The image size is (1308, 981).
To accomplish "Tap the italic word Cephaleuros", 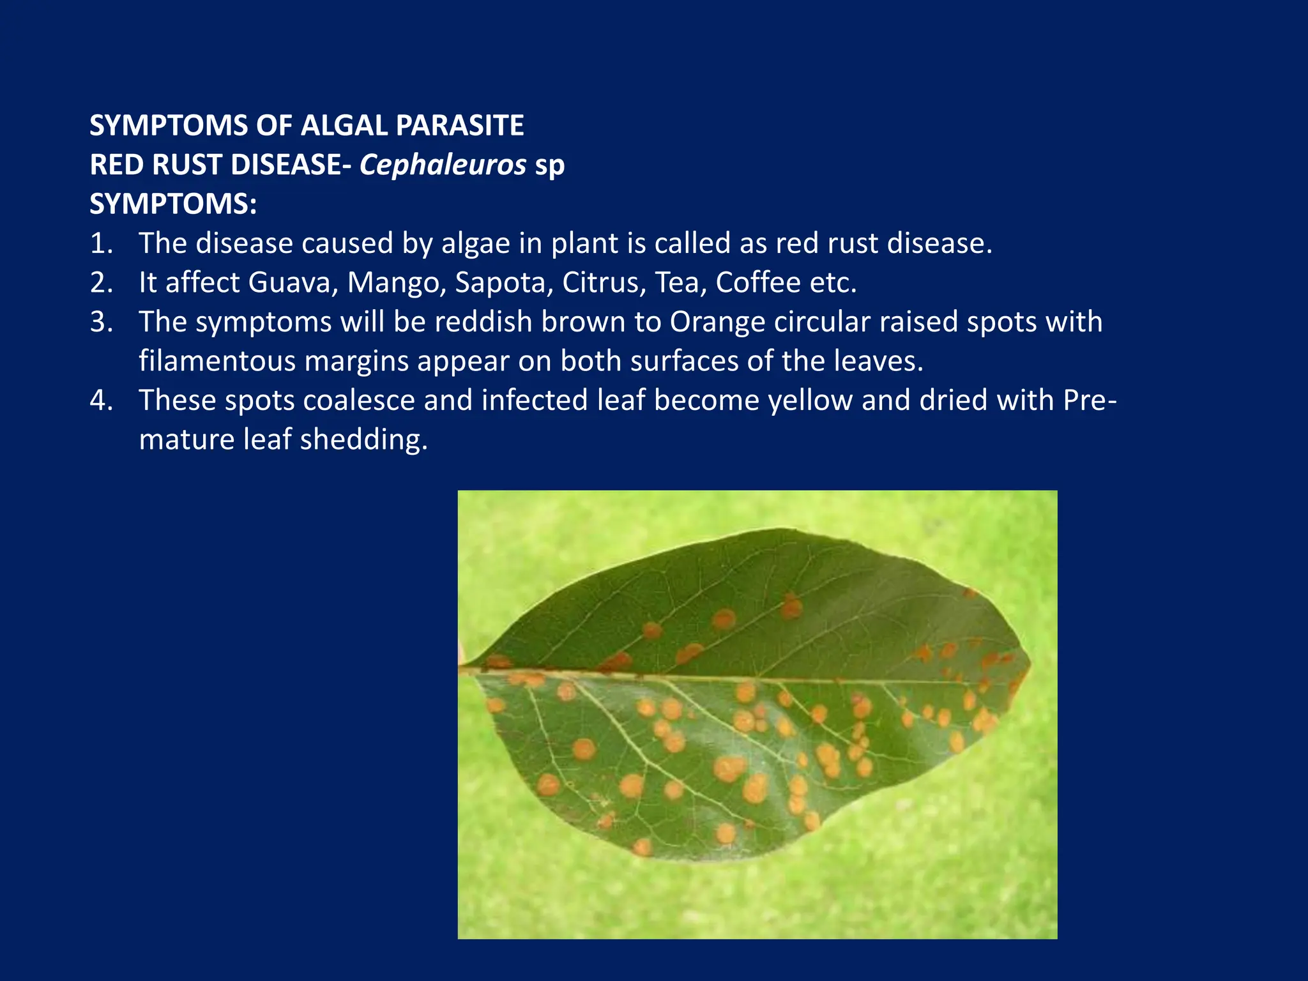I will tap(443, 165).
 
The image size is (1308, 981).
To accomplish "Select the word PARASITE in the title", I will tap(460, 125).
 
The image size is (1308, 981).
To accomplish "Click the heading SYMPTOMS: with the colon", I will tap(173, 204).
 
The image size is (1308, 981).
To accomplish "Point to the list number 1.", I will tap(101, 243).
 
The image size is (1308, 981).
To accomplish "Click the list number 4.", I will tap(101, 400).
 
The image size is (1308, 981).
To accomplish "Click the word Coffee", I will tap(757, 282).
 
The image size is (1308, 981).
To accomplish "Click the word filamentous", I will tap(217, 361).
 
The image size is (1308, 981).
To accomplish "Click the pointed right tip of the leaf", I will tap(1030, 667).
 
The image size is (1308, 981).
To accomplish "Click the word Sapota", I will tap(503, 282).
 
